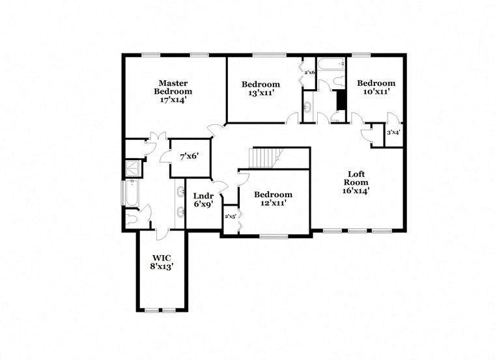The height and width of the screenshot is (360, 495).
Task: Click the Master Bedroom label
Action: point(173,87)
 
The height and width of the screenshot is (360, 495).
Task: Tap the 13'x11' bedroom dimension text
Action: point(261,92)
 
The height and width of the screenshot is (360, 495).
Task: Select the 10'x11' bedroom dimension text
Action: point(376,92)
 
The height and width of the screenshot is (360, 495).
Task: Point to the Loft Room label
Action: point(356,178)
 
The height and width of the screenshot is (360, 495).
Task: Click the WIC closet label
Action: point(162,258)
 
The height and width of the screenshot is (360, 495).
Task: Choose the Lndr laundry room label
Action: point(203,196)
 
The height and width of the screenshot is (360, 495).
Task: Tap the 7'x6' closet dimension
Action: point(190,156)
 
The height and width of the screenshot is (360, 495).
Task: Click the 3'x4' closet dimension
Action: point(393,133)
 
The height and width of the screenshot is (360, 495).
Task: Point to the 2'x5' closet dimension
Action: point(231,216)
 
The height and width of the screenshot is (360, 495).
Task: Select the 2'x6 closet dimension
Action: point(309,72)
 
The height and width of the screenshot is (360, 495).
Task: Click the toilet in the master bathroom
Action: point(132,219)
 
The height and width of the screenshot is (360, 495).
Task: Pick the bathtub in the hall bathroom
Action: point(331,64)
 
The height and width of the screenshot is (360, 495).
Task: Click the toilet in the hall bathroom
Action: point(339,81)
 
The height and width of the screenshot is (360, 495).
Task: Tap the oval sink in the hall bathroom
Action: point(307,107)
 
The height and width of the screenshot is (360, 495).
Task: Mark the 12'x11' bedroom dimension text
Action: point(273,203)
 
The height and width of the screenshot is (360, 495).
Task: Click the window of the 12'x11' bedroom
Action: point(274,236)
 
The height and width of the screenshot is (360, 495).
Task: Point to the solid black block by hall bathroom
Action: point(341,100)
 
